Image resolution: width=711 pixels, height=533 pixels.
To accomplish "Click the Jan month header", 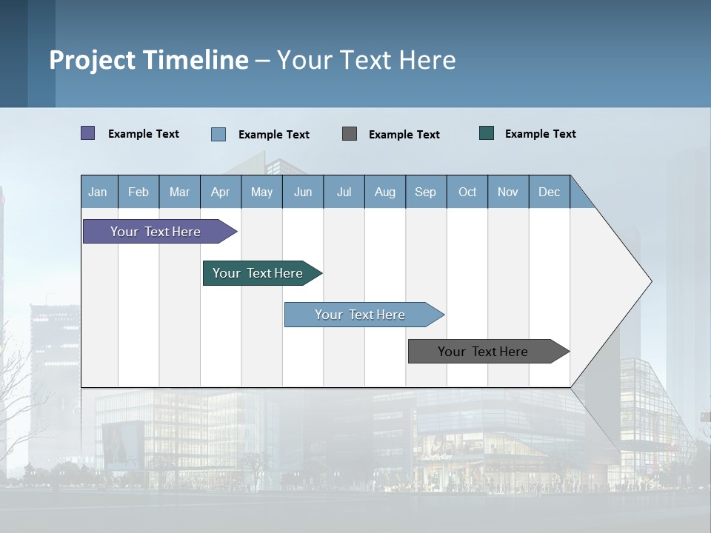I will pyautogui.click(x=99, y=192).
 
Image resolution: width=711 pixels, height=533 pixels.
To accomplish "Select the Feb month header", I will pyautogui.click(x=138, y=192).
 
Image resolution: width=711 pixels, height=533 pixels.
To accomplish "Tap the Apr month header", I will pyautogui.click(x=221, y=192).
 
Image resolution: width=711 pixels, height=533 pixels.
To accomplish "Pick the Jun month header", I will pyautogui.click(x=303, y=192).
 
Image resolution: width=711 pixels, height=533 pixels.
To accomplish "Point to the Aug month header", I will pyautogui.click(x=385, y=192).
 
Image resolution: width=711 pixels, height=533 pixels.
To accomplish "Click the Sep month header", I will pyautogui.click(x=426, y=192).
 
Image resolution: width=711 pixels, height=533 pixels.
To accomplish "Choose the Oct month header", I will pyautogui.click(x=467, y=192).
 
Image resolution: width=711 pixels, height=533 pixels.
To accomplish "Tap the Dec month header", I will pyautogui.click(x=550, y=192).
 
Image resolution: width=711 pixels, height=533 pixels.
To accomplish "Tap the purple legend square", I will pyautogui.click(x=88, y=133).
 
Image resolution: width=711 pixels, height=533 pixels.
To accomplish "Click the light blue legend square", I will pyautogui.click(x=218, y=134).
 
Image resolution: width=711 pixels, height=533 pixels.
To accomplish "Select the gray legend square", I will pyautogui.click(x=350, y=133).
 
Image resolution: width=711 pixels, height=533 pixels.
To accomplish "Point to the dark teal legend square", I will pyautogui.click(x=487, y=133).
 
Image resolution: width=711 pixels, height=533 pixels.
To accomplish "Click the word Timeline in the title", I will pyautogui.click(x=196, y=60).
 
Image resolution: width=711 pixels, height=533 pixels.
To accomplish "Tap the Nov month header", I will pyautogui.click(x=508, y=192).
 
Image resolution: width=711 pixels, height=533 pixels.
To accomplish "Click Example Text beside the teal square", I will pyautogui.click(x=541, y=134).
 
